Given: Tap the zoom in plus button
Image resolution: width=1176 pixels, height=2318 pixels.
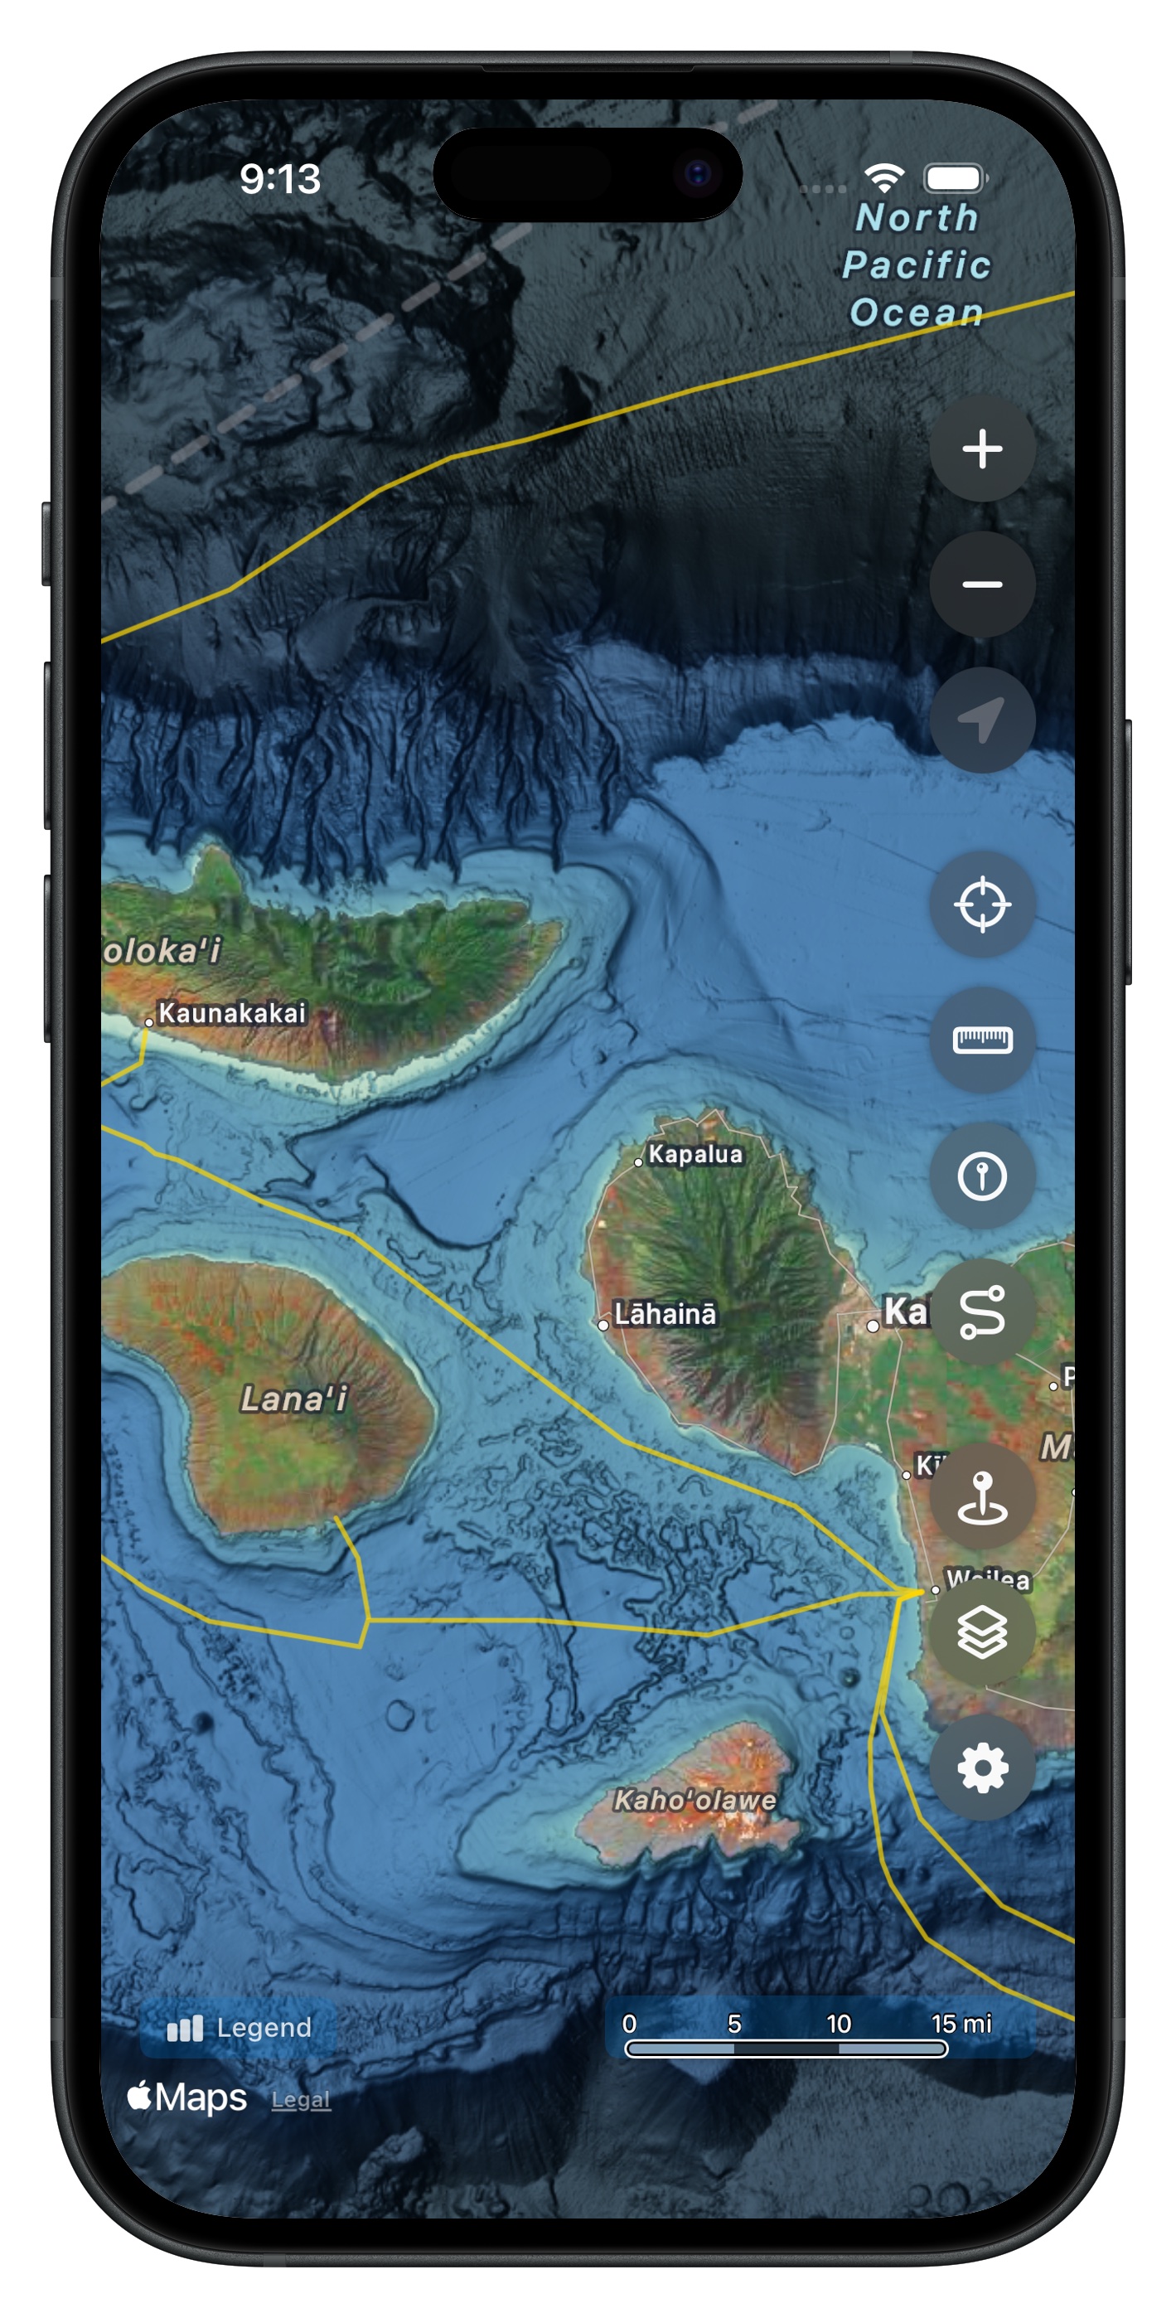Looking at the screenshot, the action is (x=981, y=449).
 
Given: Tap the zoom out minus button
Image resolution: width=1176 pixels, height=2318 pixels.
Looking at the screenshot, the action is (x=981, y=584).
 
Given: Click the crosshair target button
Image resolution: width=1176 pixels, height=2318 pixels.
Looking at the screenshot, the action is (x=981, y=904).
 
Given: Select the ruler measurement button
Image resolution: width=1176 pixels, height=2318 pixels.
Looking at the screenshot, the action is (x=981, y=1040).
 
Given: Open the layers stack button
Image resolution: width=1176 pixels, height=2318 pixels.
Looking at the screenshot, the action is (x=981, y=1632).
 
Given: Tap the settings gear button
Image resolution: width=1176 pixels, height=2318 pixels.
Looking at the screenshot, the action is (x=981, y=1768).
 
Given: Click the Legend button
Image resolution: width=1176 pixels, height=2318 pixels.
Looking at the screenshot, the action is (x=240, y=2027).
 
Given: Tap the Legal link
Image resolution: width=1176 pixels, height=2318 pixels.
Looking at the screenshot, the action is (x=301, y=2099).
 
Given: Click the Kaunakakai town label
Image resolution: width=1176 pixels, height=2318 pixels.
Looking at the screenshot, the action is (x=231, y=1013).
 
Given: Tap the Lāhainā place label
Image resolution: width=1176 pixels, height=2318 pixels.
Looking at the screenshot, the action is (x=664, y=1314).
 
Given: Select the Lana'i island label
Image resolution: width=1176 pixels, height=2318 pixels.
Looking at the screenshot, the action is (x=293, y=1399).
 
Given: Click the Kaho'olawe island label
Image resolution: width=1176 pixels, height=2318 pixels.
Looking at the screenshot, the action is (x=694, y=1800).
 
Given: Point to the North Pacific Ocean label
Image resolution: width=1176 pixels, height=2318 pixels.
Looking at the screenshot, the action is (x=916, y=264).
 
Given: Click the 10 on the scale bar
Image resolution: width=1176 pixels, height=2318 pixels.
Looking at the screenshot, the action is (x=839, y=2024).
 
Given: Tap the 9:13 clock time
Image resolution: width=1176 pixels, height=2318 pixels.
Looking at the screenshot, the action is (x=280, y=178).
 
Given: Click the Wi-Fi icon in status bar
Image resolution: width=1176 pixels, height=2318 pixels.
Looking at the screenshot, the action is (x=883, y=177).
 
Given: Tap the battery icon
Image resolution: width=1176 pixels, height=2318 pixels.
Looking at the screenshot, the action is (x=955, y=177).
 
